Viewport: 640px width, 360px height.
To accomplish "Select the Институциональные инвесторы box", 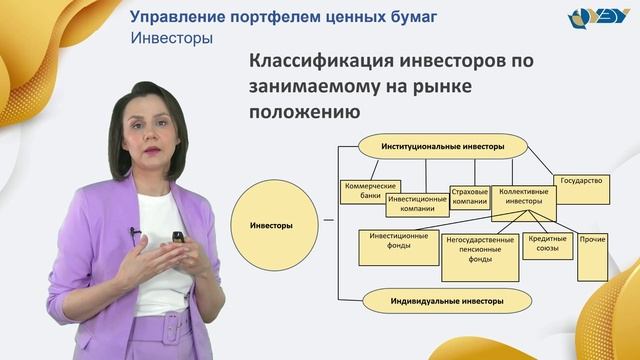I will [442, 147].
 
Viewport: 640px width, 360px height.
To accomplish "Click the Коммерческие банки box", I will [371, 190].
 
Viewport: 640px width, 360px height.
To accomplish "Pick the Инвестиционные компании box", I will [415, 203].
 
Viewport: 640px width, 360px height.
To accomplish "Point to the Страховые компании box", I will [469, 195].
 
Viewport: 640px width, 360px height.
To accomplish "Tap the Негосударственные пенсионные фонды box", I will [480, 258].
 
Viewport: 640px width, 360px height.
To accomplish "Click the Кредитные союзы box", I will [547, 246].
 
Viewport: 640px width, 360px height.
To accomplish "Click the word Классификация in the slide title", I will [312, 60].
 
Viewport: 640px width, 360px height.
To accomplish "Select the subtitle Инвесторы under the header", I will [172, 40].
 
